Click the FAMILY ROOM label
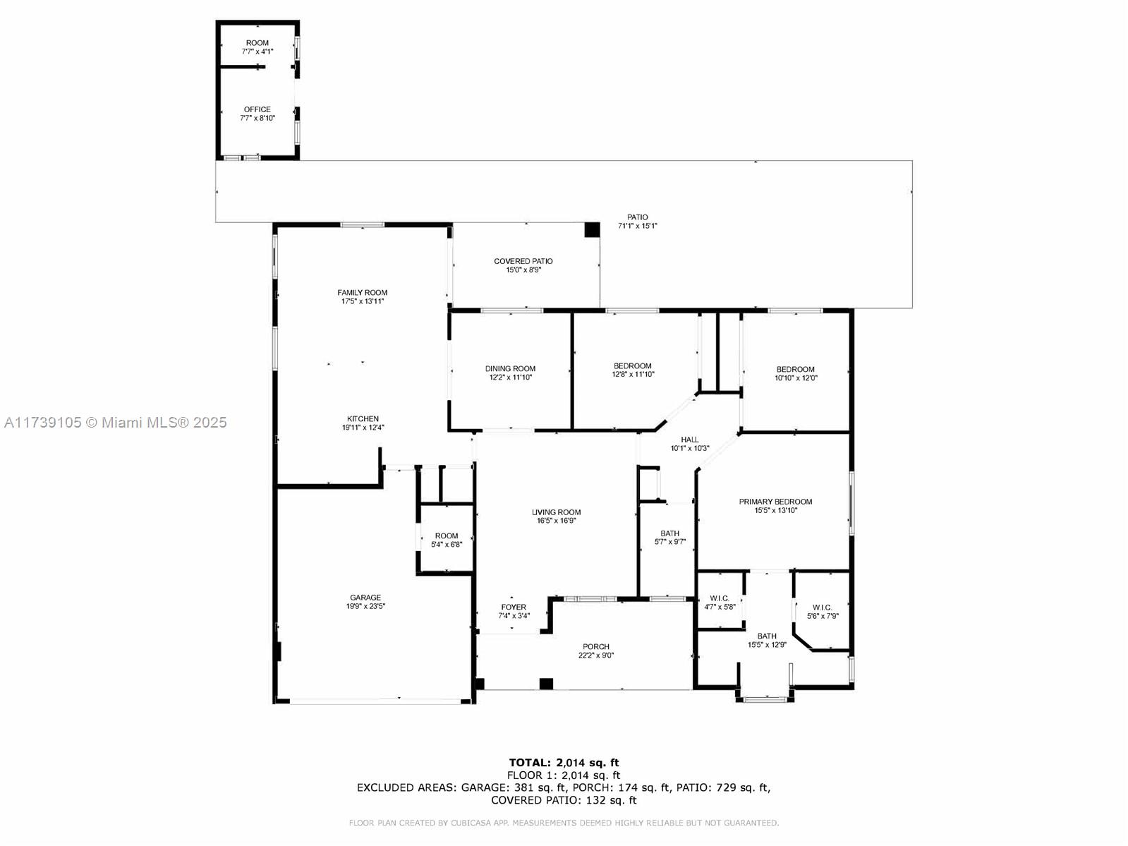pos(363,292)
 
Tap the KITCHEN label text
pos(363,419)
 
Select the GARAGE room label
pos(365,597)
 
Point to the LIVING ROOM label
pos(557,512)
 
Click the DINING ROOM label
pos(510,368)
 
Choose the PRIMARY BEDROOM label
pos(775,502)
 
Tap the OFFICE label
pos(257,109)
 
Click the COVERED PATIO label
pos(523,261)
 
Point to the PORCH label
pos(596,646)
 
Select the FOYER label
pos(514,607)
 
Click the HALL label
pos(690,440)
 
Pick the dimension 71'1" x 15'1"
pos(637,226)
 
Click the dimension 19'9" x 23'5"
pos(365,606)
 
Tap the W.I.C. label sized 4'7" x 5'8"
pos(720,598)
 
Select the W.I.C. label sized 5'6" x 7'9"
pos(823,608)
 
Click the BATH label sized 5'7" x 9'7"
pos(669,533)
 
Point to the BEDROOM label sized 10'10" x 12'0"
pos(796,369)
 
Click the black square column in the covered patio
pos(592,230)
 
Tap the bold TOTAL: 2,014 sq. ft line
pos(564,763)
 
